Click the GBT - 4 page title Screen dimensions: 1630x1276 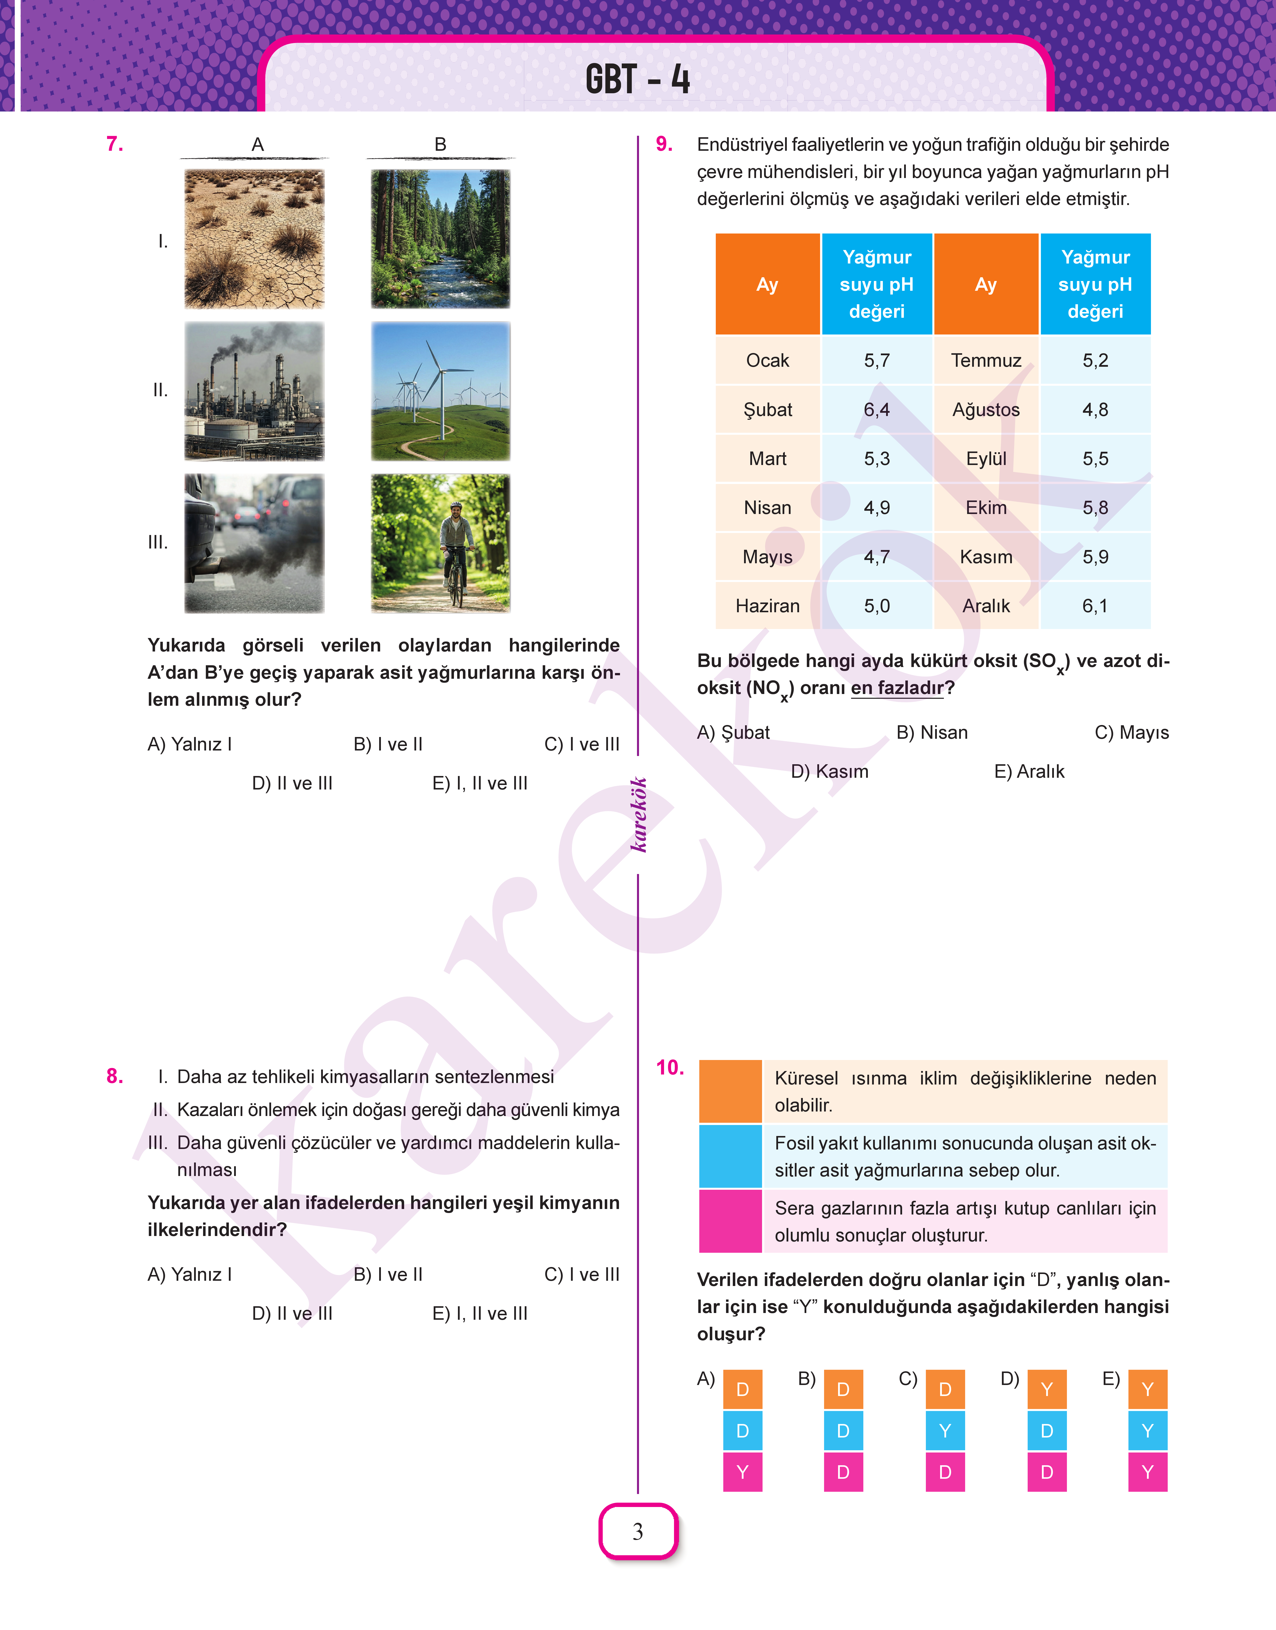pos(637,79)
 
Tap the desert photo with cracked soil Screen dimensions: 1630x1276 pos(254,239)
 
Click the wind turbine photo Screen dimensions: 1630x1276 pos(441,390)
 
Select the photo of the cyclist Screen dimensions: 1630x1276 pos(441,543)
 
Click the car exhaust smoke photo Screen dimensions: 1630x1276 pos(254,543)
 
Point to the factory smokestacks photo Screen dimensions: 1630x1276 pos(254,390)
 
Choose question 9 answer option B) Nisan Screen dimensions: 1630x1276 pos(932,732)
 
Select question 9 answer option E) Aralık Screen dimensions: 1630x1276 pos(1029,771)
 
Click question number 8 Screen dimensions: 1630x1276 pos(114,1076)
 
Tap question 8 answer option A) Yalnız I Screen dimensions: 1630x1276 pos(190,1274)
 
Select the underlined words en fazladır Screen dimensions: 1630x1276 pos(897,688)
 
